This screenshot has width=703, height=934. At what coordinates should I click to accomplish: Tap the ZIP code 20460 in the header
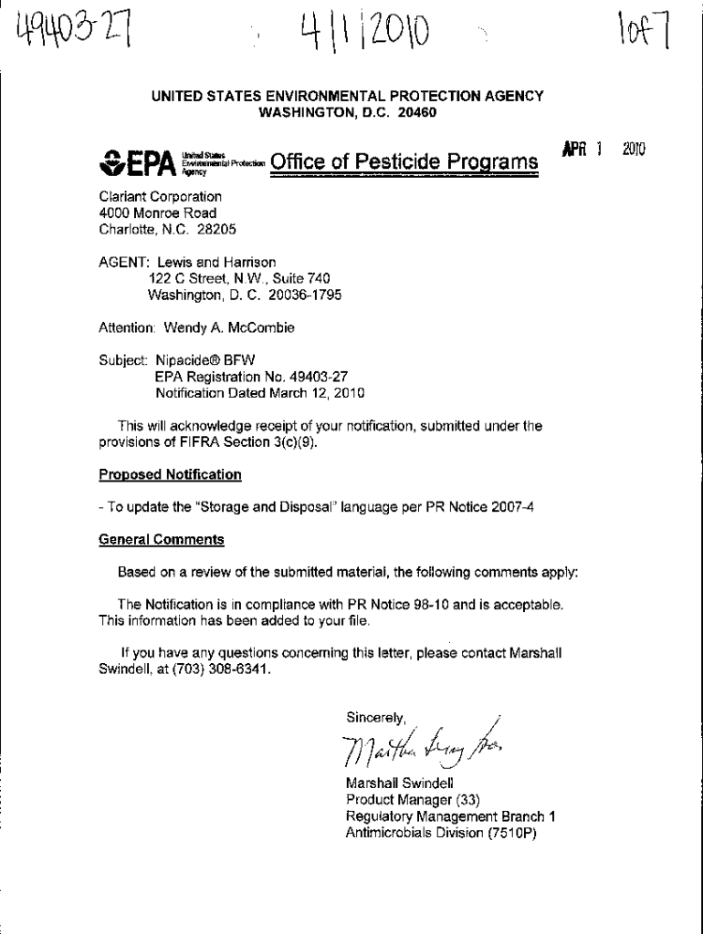point(417,112)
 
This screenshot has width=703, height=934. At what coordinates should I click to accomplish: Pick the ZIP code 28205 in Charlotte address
point(217,229)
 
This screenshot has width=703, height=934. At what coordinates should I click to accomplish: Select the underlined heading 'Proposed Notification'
point(170,474)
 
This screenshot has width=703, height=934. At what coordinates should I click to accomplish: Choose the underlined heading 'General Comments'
point(161,539)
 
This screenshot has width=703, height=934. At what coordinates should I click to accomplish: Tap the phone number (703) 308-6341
point(225,669)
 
